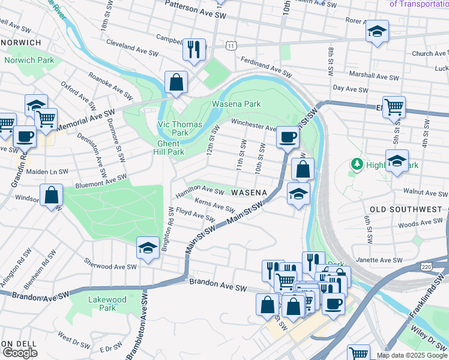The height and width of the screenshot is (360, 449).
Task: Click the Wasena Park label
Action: (x=236, y=104)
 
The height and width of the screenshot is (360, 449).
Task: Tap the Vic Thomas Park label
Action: (x=172, y=128)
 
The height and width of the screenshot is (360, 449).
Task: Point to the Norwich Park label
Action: (x=29, y=61)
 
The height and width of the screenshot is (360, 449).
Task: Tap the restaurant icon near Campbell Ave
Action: (x=194, y=50)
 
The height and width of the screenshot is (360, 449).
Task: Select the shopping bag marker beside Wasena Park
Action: (x=176, y=82)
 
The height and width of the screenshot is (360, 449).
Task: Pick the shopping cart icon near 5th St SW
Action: (x=394, y=107)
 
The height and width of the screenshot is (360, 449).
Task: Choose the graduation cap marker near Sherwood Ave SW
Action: (x=148, y=248)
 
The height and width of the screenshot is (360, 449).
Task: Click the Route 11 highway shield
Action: (x=232, y=46)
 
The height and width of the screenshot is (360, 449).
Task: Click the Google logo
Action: (x=20, y=352)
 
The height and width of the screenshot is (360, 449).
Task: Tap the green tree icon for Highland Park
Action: (x=357, y=164)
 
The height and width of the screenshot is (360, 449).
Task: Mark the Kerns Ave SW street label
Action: (x=214, y=205)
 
